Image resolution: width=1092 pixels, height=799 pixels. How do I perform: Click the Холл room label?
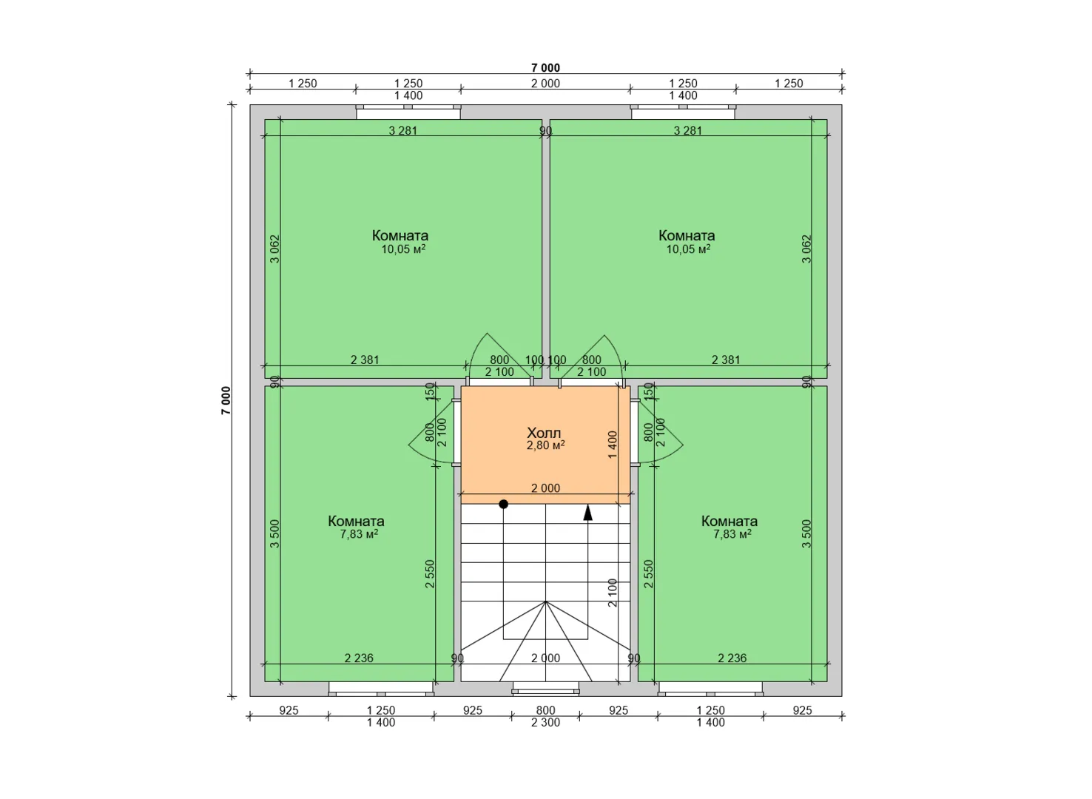point(544,433)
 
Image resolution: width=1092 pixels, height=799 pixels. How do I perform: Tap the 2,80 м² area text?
point(545,445)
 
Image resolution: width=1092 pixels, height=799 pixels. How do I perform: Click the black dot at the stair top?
point(504,504)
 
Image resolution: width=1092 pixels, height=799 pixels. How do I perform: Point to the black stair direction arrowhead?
point(588,513)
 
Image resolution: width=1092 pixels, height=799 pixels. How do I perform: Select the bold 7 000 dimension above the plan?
point(545,68)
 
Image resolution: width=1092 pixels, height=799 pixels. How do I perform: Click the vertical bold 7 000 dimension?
point(226,401)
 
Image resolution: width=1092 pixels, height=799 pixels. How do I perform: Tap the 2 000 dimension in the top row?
point(545,84)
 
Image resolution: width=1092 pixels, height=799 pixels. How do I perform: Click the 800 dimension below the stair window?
point(545,710)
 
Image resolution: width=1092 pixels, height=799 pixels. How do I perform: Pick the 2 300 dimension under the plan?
point(545,723)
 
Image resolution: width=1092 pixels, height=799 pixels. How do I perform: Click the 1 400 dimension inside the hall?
point(613,445)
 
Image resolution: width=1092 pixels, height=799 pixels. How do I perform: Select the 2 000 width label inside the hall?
point(545,488)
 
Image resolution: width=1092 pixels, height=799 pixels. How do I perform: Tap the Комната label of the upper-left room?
point(400,235)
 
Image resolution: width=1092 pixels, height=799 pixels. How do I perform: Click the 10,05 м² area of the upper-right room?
point(688,249)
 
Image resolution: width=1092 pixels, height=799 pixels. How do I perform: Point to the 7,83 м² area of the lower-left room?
point(360,534)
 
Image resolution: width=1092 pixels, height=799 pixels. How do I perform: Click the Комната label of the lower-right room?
point(729,521)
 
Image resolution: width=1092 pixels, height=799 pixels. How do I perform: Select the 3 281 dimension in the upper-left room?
point(402,131)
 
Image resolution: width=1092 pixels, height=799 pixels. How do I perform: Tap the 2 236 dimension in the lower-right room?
point(732,658)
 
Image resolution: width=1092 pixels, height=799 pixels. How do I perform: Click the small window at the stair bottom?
point(545,690)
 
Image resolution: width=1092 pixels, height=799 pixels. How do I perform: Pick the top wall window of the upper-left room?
point(408,112)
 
